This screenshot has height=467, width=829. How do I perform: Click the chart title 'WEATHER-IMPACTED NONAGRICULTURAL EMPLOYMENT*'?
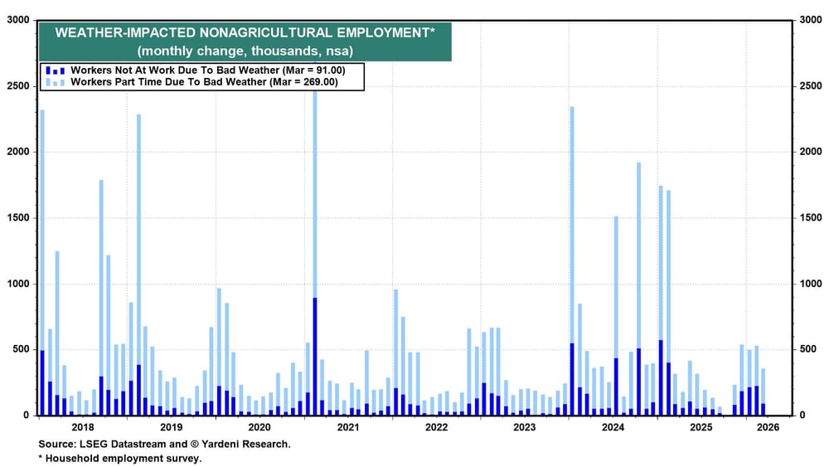pyautogui.click(x=244, y=33)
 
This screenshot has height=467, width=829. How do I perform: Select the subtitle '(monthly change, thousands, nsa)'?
pyautogui.click(x=244, y=51)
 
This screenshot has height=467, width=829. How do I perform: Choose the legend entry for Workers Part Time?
pyautogui.click(x=204, y=82)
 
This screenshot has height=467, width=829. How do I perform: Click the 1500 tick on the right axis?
pyautogui.click(x=807, y=218)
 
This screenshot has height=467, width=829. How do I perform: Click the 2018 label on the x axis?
pyautogui.click(x=83, y=428)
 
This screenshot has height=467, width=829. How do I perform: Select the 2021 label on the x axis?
pyautogui.click(x=347, y=428)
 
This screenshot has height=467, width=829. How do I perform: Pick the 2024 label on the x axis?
pyautogui.click(x=613, y=428)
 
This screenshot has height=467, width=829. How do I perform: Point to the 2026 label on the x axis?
pyautogui.click(x=767, y=428)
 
